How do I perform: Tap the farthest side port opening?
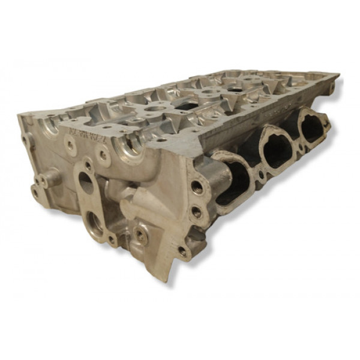313,128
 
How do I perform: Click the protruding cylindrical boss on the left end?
50,178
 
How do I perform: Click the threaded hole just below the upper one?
196,211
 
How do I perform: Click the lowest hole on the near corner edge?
182,250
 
